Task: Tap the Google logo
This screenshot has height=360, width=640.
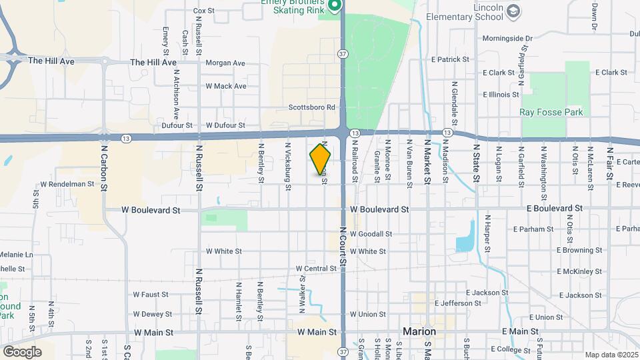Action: [x=22, y=351]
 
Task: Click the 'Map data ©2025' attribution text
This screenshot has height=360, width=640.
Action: [x=611, y=355]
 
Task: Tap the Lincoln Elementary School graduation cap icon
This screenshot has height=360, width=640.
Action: [x=513, y=11]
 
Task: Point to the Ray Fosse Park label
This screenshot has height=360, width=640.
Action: [x=551, y=112]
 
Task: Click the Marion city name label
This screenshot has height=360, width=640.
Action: [x=419, y=331]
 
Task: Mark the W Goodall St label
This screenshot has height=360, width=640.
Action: [x=370, y=234]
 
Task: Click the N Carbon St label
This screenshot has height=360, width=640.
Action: [x=104, y=163]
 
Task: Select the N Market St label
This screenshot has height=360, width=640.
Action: [x=427, y=159]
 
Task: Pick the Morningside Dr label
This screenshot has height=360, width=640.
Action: [x=507, y=39]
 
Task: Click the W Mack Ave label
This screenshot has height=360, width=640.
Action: [x=225, y=86]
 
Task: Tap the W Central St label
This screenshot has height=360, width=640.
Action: [x=317, y=269]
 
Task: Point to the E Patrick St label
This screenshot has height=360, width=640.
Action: [x=450, y=59]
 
